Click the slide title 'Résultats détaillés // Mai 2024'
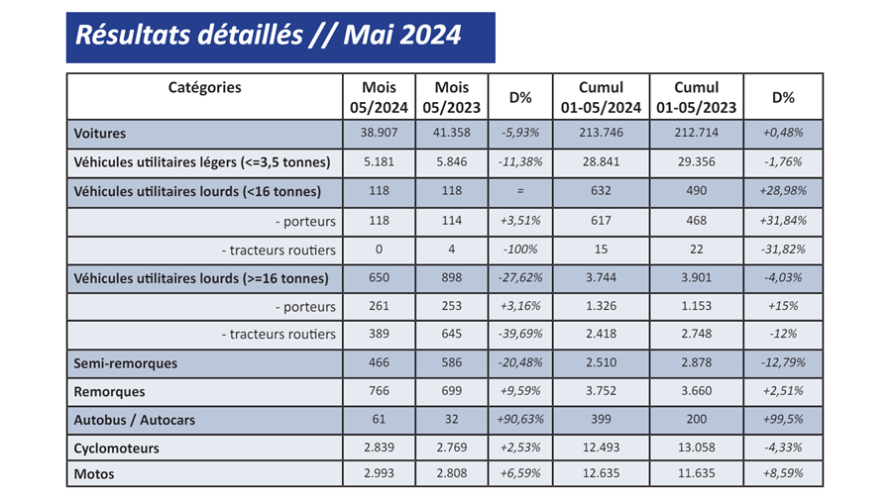click(269, 36)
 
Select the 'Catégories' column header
click(204, 87)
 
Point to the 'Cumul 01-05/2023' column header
click(696, 97)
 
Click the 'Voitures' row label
click(101, 133)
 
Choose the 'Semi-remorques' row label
click(127, 363)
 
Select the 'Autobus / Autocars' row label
click(135, 420)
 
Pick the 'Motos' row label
click(95, 474)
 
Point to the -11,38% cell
click(520, 161)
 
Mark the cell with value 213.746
click(600, 133)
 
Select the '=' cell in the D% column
click(520, 190)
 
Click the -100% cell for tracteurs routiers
click(520, 250)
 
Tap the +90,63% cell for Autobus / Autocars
click(520, 420)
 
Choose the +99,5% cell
click(783, 420)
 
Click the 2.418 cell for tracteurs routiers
click(600, 335)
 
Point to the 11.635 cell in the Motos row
click(696, 474)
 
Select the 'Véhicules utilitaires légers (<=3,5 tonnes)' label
click(202, 161)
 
